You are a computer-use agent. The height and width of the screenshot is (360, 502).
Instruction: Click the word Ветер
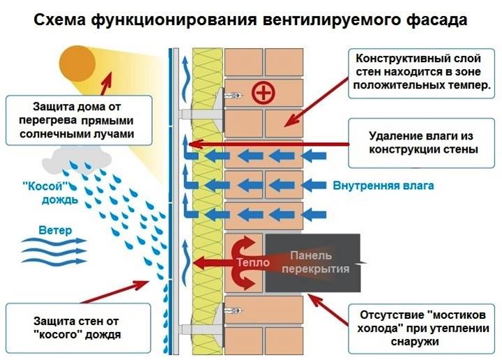click(54, 230)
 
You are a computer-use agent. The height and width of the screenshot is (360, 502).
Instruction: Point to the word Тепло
click(248, 263)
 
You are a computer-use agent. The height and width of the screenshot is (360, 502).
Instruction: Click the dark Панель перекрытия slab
click(314, 262)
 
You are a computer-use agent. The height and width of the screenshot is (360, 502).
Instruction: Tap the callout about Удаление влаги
click(423, 142)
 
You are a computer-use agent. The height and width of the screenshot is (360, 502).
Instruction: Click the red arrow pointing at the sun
click(105, 78)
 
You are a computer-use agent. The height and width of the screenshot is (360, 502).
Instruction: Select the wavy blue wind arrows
click(53, 248)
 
